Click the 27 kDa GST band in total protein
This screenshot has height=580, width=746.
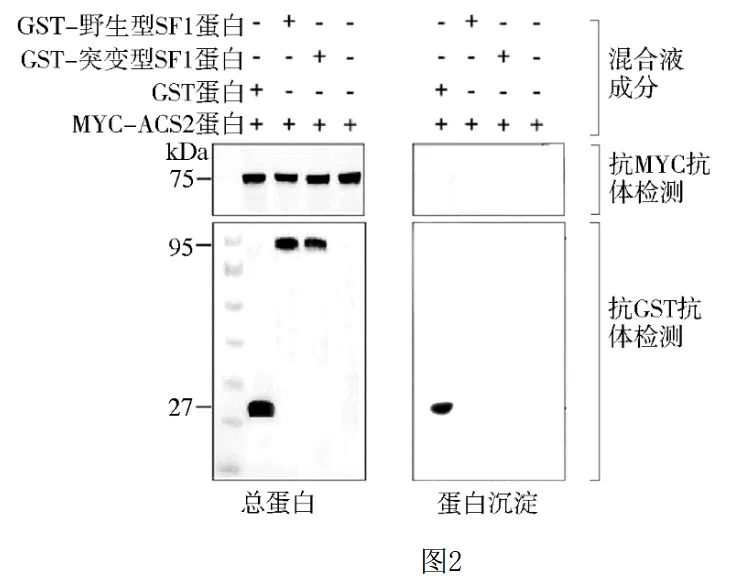pyautogui.click(x=261, y=408)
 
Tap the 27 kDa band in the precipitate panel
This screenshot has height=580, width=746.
pyautogui.click(x=441, y=407)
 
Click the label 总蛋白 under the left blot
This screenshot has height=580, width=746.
pyautogui.click(x=279, y=503)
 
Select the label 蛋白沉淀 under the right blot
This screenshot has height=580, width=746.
pyautogui.click(x=488, y=503)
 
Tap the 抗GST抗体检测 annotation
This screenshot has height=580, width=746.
pyautogui.click(x=659, y=320)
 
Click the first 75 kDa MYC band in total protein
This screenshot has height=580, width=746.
pyautogui.click(x=257, y=179)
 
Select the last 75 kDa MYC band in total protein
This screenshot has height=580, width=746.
pyautogui.click(x=350, y=179)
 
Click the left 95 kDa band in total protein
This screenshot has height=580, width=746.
pyautogui.click(x=289, y=244)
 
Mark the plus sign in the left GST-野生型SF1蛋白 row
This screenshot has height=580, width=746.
pyautogui.click(x=289, y=21)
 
